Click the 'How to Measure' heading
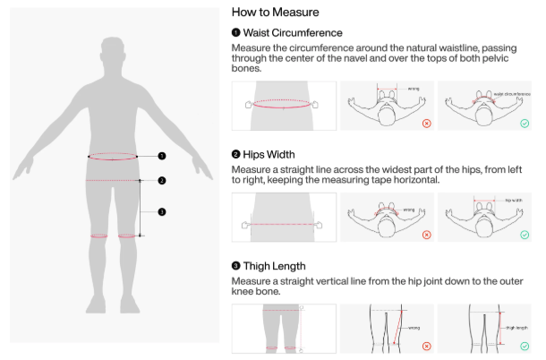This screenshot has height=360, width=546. [275, 13]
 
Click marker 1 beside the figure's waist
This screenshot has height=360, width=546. [162, 156]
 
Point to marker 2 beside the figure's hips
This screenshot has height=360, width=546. [162, 181]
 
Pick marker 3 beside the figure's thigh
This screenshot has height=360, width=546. [162, 212]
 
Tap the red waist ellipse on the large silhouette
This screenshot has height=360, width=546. [113, 157]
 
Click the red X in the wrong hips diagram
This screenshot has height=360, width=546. [426, 234]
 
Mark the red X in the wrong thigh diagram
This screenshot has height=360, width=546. [426, 345]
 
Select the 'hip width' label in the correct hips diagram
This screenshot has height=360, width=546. [514, 200]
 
